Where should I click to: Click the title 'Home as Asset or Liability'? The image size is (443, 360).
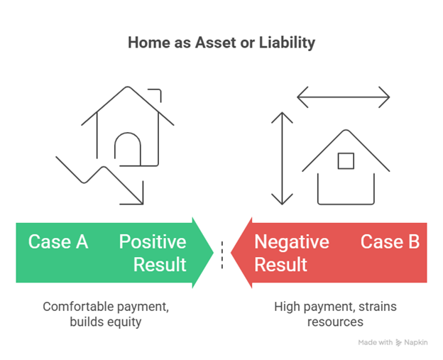[221, 43]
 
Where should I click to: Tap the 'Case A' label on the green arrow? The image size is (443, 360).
[58, 241]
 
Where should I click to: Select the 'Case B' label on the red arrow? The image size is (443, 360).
[390, 241]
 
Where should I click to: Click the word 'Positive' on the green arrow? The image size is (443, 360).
[152, 241]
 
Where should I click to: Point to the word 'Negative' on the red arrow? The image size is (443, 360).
[292, 242]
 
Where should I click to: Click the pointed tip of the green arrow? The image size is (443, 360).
[212, 253]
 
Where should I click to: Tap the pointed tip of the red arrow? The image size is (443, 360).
[233, 253]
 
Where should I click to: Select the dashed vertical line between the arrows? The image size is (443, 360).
[222, 254]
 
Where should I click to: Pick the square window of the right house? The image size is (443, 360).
[346, 160]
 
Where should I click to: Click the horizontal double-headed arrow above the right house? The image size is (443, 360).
[344, 97]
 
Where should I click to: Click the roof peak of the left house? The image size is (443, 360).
[128, 88]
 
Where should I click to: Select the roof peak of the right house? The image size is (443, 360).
[346, 131]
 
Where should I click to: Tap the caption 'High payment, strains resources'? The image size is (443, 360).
[335, 314]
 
